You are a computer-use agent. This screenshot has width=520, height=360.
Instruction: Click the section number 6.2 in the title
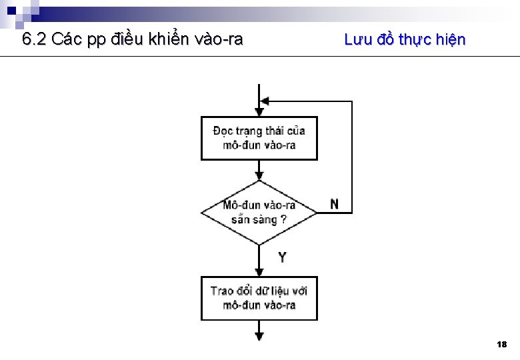(34, 39)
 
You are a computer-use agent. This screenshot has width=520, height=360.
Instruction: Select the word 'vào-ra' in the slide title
(221, 39)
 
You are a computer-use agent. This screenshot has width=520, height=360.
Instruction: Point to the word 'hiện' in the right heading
(450, 40)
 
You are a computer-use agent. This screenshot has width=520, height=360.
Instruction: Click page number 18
(502, 345)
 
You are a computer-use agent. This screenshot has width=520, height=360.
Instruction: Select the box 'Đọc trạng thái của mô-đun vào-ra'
(259, 138)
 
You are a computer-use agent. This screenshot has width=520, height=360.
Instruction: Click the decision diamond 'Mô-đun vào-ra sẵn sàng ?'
(259, 212)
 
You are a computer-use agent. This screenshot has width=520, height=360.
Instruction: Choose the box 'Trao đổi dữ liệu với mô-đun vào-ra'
(259, 298)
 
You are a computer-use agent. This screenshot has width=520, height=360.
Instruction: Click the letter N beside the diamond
(334, 204)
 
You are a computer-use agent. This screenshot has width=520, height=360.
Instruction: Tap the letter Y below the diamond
(282, 257)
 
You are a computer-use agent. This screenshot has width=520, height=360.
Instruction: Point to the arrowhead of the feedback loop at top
(264, 101)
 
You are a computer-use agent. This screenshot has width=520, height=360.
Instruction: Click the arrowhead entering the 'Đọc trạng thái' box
(259, 113)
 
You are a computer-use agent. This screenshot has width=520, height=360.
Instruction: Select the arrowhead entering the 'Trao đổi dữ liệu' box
(259, 272)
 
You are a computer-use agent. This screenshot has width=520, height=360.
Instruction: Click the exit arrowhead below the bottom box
(259, 335)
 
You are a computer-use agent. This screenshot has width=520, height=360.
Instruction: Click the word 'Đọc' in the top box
(223, 131)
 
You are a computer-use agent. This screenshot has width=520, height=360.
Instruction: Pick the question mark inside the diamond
(283, 219)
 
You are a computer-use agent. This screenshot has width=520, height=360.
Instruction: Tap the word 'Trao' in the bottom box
(222, 291)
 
